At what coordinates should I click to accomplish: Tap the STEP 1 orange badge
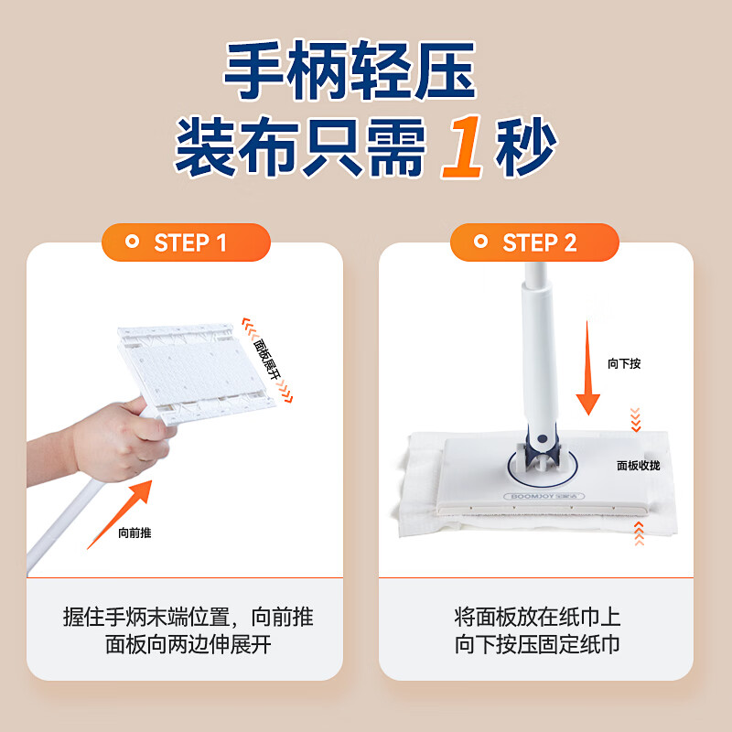pyautogui.click(x=186, y=242)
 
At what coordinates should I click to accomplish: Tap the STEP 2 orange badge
pyautogui.click(x=534, y=242)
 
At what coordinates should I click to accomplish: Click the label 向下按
pyautogui.click(x=624, y=363)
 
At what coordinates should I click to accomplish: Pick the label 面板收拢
pyautogui.click(x=638, y=465)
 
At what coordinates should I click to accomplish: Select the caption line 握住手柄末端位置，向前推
pyautogui.click(x=188, y=617)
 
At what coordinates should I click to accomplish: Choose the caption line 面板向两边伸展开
pyautogui.click(x=188, y=644)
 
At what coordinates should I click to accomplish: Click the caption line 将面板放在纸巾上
pyautogui.click(x=537, y=617)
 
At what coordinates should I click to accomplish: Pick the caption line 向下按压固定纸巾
pyautogui.click(x=537, y=644)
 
